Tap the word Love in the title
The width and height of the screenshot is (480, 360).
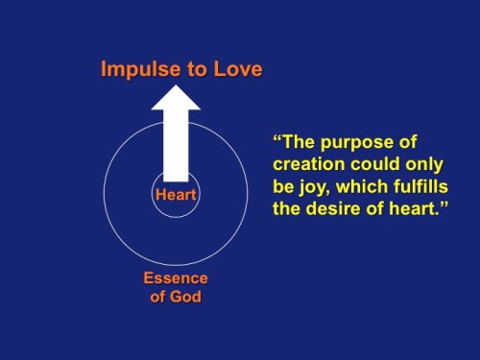pos(236,70)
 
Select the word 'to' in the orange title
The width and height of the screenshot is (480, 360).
pos(198,70)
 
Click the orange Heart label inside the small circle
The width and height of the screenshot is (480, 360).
pos(175,196)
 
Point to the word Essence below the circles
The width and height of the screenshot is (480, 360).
pos(175,278)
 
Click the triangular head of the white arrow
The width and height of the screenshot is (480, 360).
pos(175,97)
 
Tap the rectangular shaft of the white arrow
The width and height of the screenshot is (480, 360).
pos(175,144)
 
